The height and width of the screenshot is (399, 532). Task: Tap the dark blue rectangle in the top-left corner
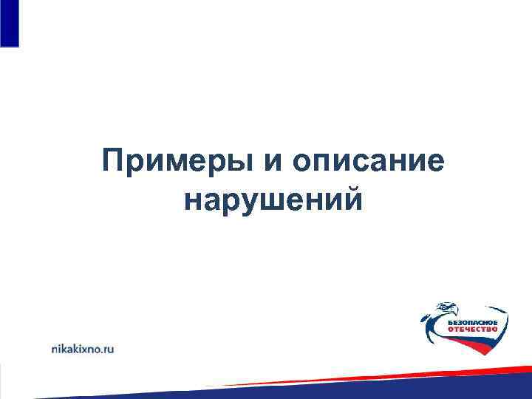pyautogui.click(x=9, y=22)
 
